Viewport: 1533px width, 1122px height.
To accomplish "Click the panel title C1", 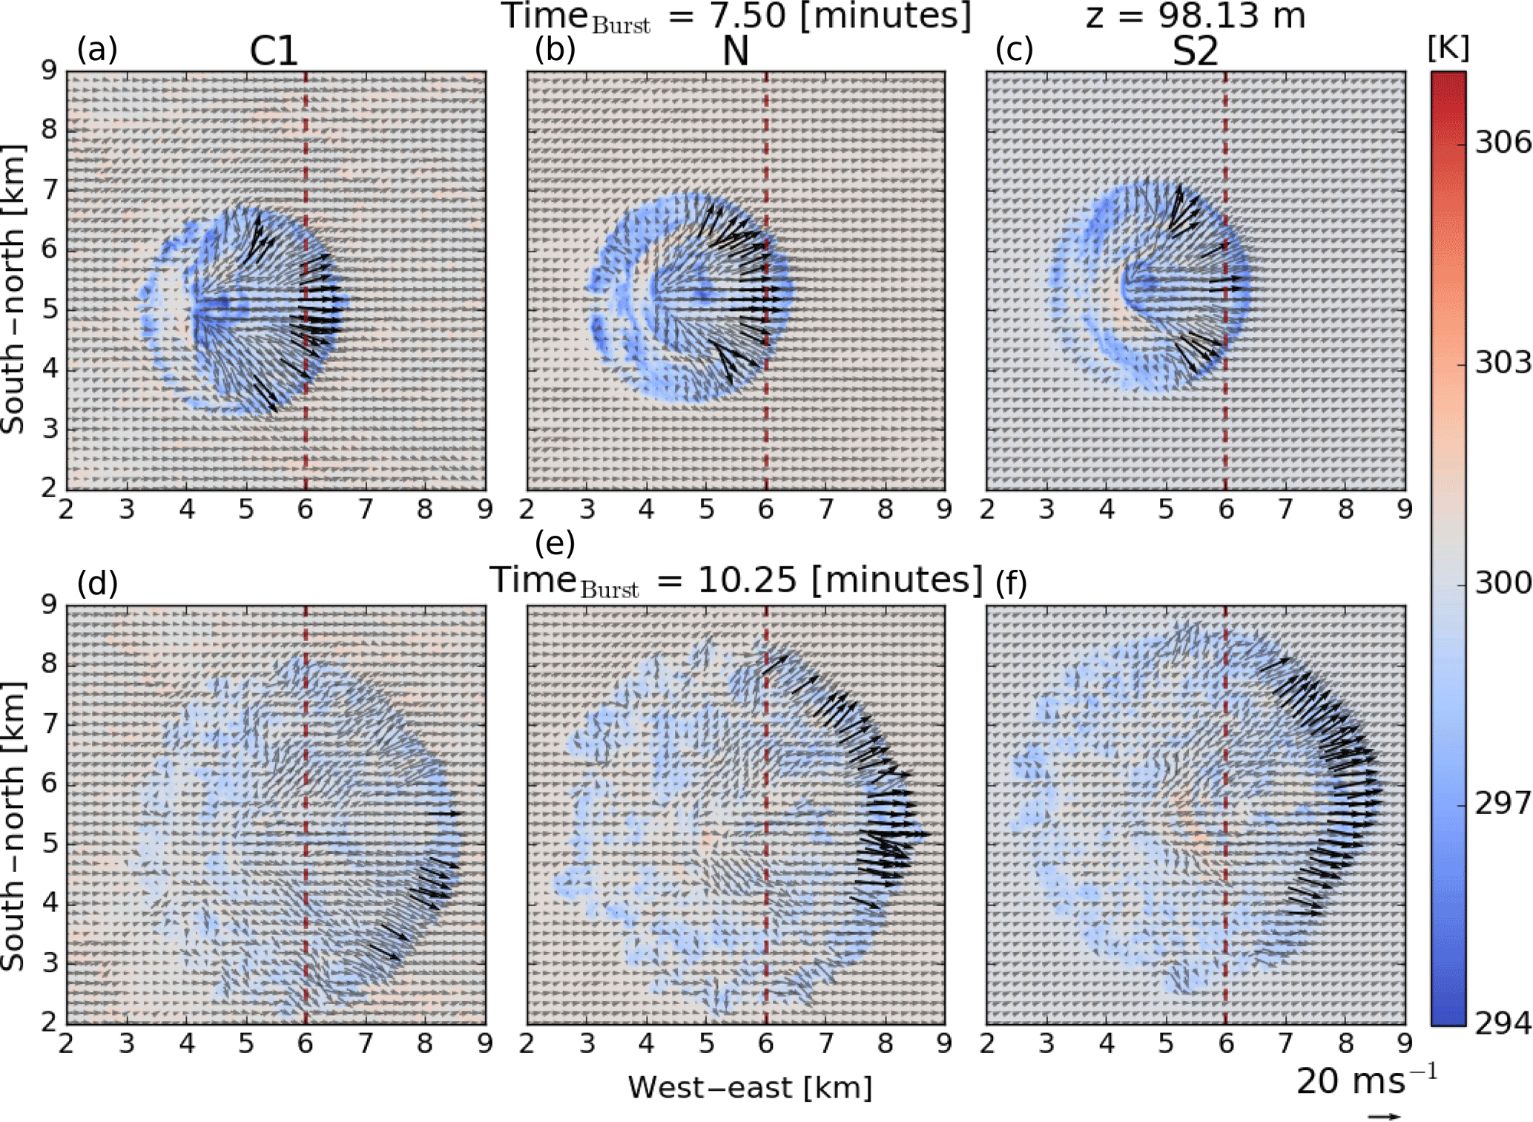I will tap(274, 52).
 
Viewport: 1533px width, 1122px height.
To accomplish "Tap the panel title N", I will tap(735, 52).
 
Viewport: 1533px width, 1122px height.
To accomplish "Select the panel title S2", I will tap(1195, 52).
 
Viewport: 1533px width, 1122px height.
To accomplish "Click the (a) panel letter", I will tap(97, 50).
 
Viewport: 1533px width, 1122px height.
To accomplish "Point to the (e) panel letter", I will tap(555, 543).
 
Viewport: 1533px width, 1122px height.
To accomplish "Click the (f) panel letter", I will tap(1011, 583).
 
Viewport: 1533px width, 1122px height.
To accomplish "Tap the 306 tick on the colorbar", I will tap(1502, 142).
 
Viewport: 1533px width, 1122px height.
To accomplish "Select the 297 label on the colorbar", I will tap(1502, 803).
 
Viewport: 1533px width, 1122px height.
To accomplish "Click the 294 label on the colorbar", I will tap(1502, 1024).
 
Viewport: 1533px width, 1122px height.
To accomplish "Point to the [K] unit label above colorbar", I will tap(1448, 48).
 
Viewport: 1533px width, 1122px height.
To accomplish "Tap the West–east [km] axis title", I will tap(750, 1088).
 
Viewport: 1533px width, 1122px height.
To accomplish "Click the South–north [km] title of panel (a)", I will tap(13, 289).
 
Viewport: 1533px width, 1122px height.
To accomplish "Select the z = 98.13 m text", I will tap(1195, 16).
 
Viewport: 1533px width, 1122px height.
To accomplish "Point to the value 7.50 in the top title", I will tap(746, 16).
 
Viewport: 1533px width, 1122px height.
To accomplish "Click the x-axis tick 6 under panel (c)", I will tap(1226, 510).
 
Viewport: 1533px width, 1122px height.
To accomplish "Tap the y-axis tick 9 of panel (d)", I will tap(49, 605).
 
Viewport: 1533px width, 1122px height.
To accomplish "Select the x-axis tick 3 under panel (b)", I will tap(587, 510).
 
